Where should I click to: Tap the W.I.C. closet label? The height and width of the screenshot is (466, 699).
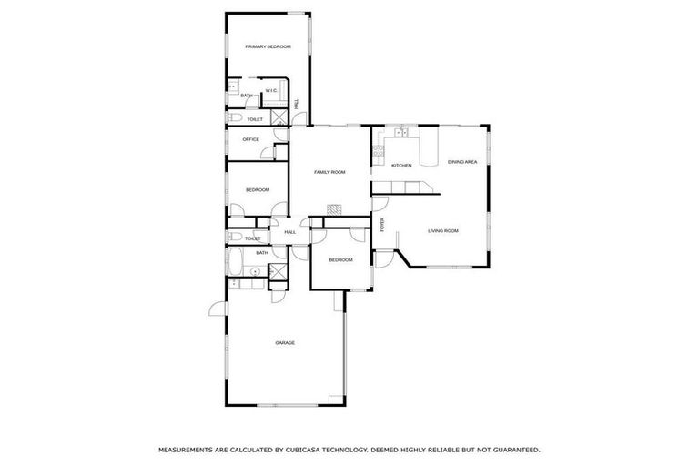271,90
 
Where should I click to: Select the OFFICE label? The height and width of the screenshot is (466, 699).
250,139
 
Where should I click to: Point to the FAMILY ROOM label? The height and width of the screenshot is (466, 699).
329,172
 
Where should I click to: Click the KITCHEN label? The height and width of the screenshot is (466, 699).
401,166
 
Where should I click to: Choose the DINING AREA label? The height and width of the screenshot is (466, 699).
462,162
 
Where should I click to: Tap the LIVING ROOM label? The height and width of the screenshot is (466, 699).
443,231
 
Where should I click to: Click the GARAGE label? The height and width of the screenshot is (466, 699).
285,343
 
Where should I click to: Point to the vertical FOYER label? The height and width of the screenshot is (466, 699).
383,225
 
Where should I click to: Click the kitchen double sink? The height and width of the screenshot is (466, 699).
400,133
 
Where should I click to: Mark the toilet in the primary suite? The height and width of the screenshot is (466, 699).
235,119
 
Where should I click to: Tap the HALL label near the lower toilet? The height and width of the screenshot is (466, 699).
290,232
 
